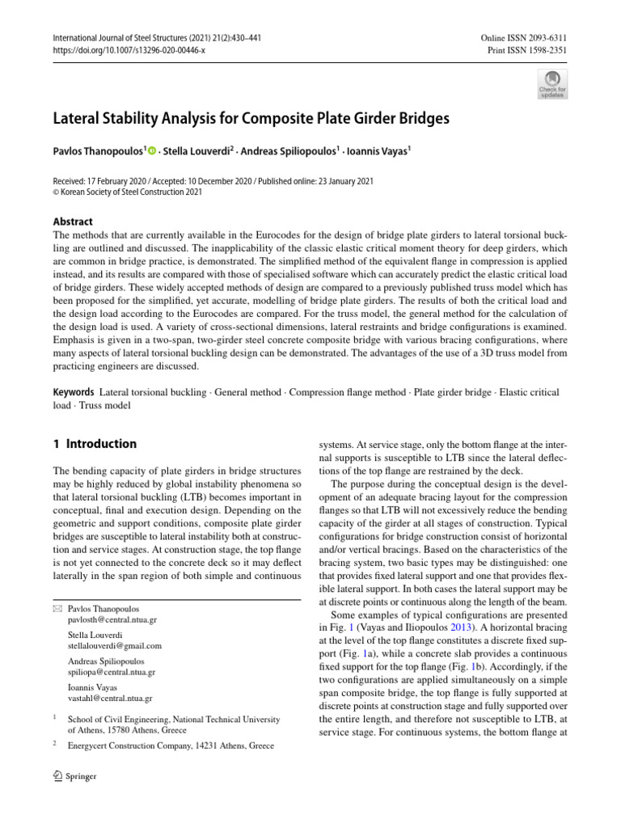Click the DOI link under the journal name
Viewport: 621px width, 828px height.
click(x=129, y=49)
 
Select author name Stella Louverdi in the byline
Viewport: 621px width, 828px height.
click(x=195, y=150)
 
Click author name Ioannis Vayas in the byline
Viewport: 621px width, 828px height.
click(x=372, y=150)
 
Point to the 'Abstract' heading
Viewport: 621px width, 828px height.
click(x=73, y=222)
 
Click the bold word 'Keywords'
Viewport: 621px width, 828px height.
click(x=74, y=392)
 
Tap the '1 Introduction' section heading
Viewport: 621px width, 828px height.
click(x=94, y=444)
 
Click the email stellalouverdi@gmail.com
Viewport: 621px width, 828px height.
click(x=115, y=646)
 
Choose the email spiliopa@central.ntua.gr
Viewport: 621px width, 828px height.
click(x=112, y=672)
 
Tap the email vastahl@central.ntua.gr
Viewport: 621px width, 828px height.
click(x=110, y=698)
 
